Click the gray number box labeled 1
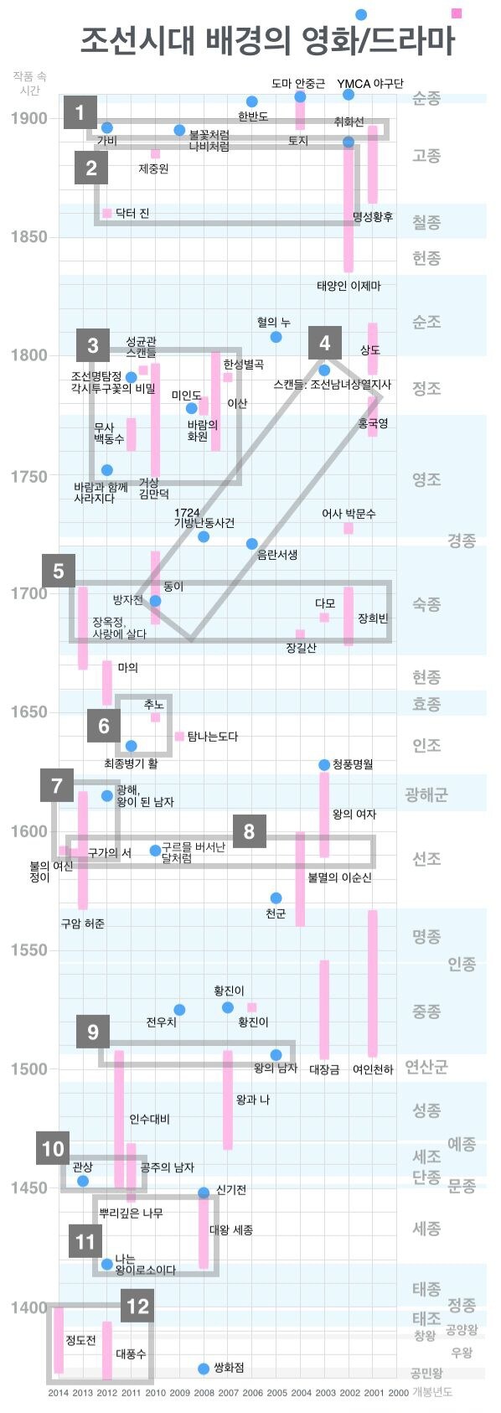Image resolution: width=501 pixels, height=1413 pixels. coord(80,112)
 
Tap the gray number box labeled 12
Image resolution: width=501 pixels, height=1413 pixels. coord(137,1305)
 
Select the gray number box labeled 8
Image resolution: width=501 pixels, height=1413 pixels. coord(249,831)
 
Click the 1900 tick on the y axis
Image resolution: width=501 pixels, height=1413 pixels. coord(29,118)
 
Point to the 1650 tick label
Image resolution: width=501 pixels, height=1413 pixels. coord(29,712)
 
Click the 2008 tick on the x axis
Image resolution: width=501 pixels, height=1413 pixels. coord(204,1393)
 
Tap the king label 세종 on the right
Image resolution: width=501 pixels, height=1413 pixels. coord(426,1229)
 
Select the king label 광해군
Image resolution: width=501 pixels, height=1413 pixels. coord(426,794)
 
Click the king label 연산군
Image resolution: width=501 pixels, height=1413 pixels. coord(426,1067)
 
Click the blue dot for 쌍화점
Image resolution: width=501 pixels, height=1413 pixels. coord(204,1369)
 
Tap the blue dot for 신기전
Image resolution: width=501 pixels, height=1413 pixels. coord(204,1193)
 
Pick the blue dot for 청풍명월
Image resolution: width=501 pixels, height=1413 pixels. coord(324,764)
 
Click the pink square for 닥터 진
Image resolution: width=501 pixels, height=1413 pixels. coord(106,214)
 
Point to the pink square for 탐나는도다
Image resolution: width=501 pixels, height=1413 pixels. coord(179,736)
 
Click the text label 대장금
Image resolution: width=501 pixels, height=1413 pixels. coord(324,1069)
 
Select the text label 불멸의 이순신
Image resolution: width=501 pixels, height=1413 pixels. coord(339,877)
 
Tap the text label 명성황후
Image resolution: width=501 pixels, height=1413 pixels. coord(372,217)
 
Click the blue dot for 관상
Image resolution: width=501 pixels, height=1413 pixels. coord(83,1181)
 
